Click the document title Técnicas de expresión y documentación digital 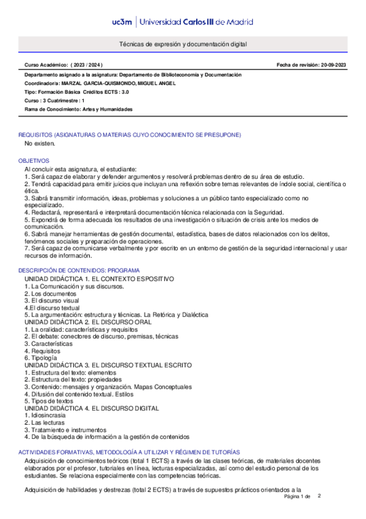183,45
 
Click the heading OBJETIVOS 32,160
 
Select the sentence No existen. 40,144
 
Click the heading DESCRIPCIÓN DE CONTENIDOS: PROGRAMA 79,270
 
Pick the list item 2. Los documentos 46,293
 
